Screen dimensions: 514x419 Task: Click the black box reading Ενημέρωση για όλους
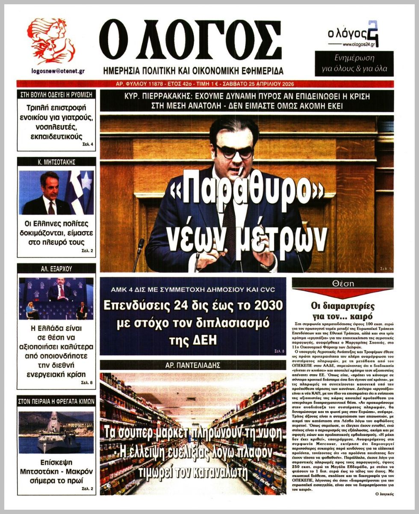354,63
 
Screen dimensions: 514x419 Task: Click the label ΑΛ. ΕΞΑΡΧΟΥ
56,269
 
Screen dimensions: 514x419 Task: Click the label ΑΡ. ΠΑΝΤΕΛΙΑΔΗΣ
193,365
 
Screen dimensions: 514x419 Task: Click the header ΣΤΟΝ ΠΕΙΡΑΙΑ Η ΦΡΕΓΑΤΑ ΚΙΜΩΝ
56,401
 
